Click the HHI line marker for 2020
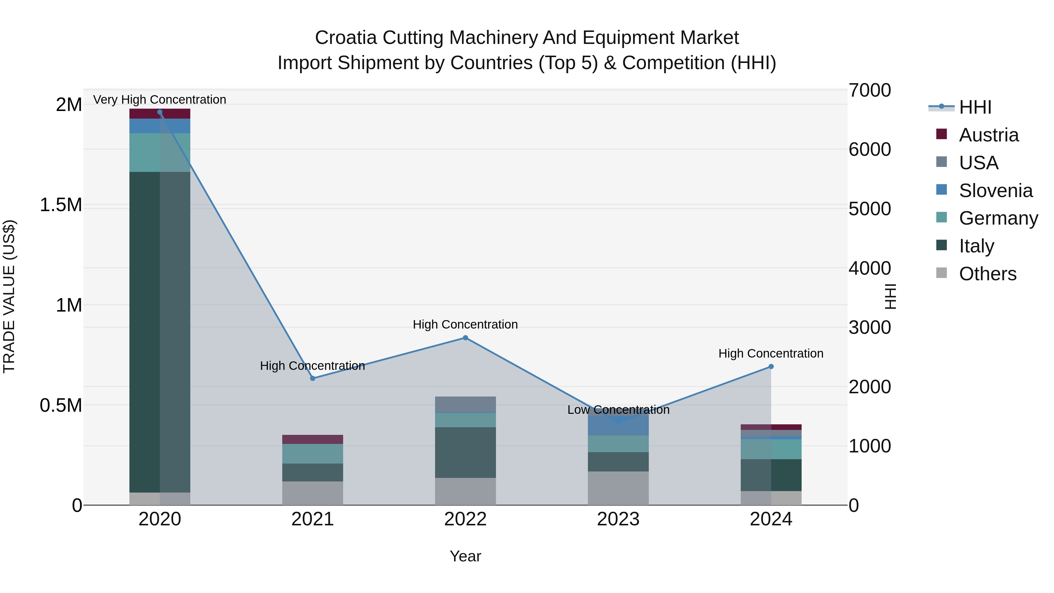pos(160,112)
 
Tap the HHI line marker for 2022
pos(465,338)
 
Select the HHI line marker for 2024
pos(771,367)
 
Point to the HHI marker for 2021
pos(313,379)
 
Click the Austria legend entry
pos(988,135)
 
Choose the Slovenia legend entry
pos(995,191)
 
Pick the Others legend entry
pos(987,274)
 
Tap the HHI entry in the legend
pos(975,107)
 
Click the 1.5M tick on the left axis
pos(61,205)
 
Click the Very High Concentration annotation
pos(160,100)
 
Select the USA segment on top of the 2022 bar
pos(465,404)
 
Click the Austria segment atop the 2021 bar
pos(313,439)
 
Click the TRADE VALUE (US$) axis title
pos(9,296)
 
